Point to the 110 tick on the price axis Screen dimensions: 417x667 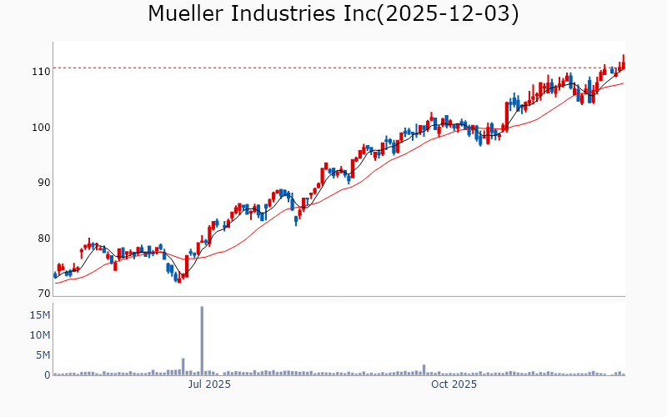[40, 72]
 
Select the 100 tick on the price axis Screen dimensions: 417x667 [40, 128]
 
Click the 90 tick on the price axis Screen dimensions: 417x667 [43, 183]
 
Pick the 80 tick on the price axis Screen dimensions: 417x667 [43, 239]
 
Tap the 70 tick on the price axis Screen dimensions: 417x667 [43, 294]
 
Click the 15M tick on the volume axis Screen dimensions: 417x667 [39, 315]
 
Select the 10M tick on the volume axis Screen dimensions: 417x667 [39, 335]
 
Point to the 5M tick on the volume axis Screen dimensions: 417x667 [43, 355]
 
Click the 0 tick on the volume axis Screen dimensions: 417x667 [47, 375]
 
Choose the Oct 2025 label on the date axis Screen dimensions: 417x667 [454, 385]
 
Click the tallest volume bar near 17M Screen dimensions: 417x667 [202, 341]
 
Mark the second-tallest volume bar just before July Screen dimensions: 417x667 [183, 367]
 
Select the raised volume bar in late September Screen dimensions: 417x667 [424, 370]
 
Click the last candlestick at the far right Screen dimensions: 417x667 [623, 62]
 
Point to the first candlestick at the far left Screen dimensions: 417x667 [55, 274]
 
